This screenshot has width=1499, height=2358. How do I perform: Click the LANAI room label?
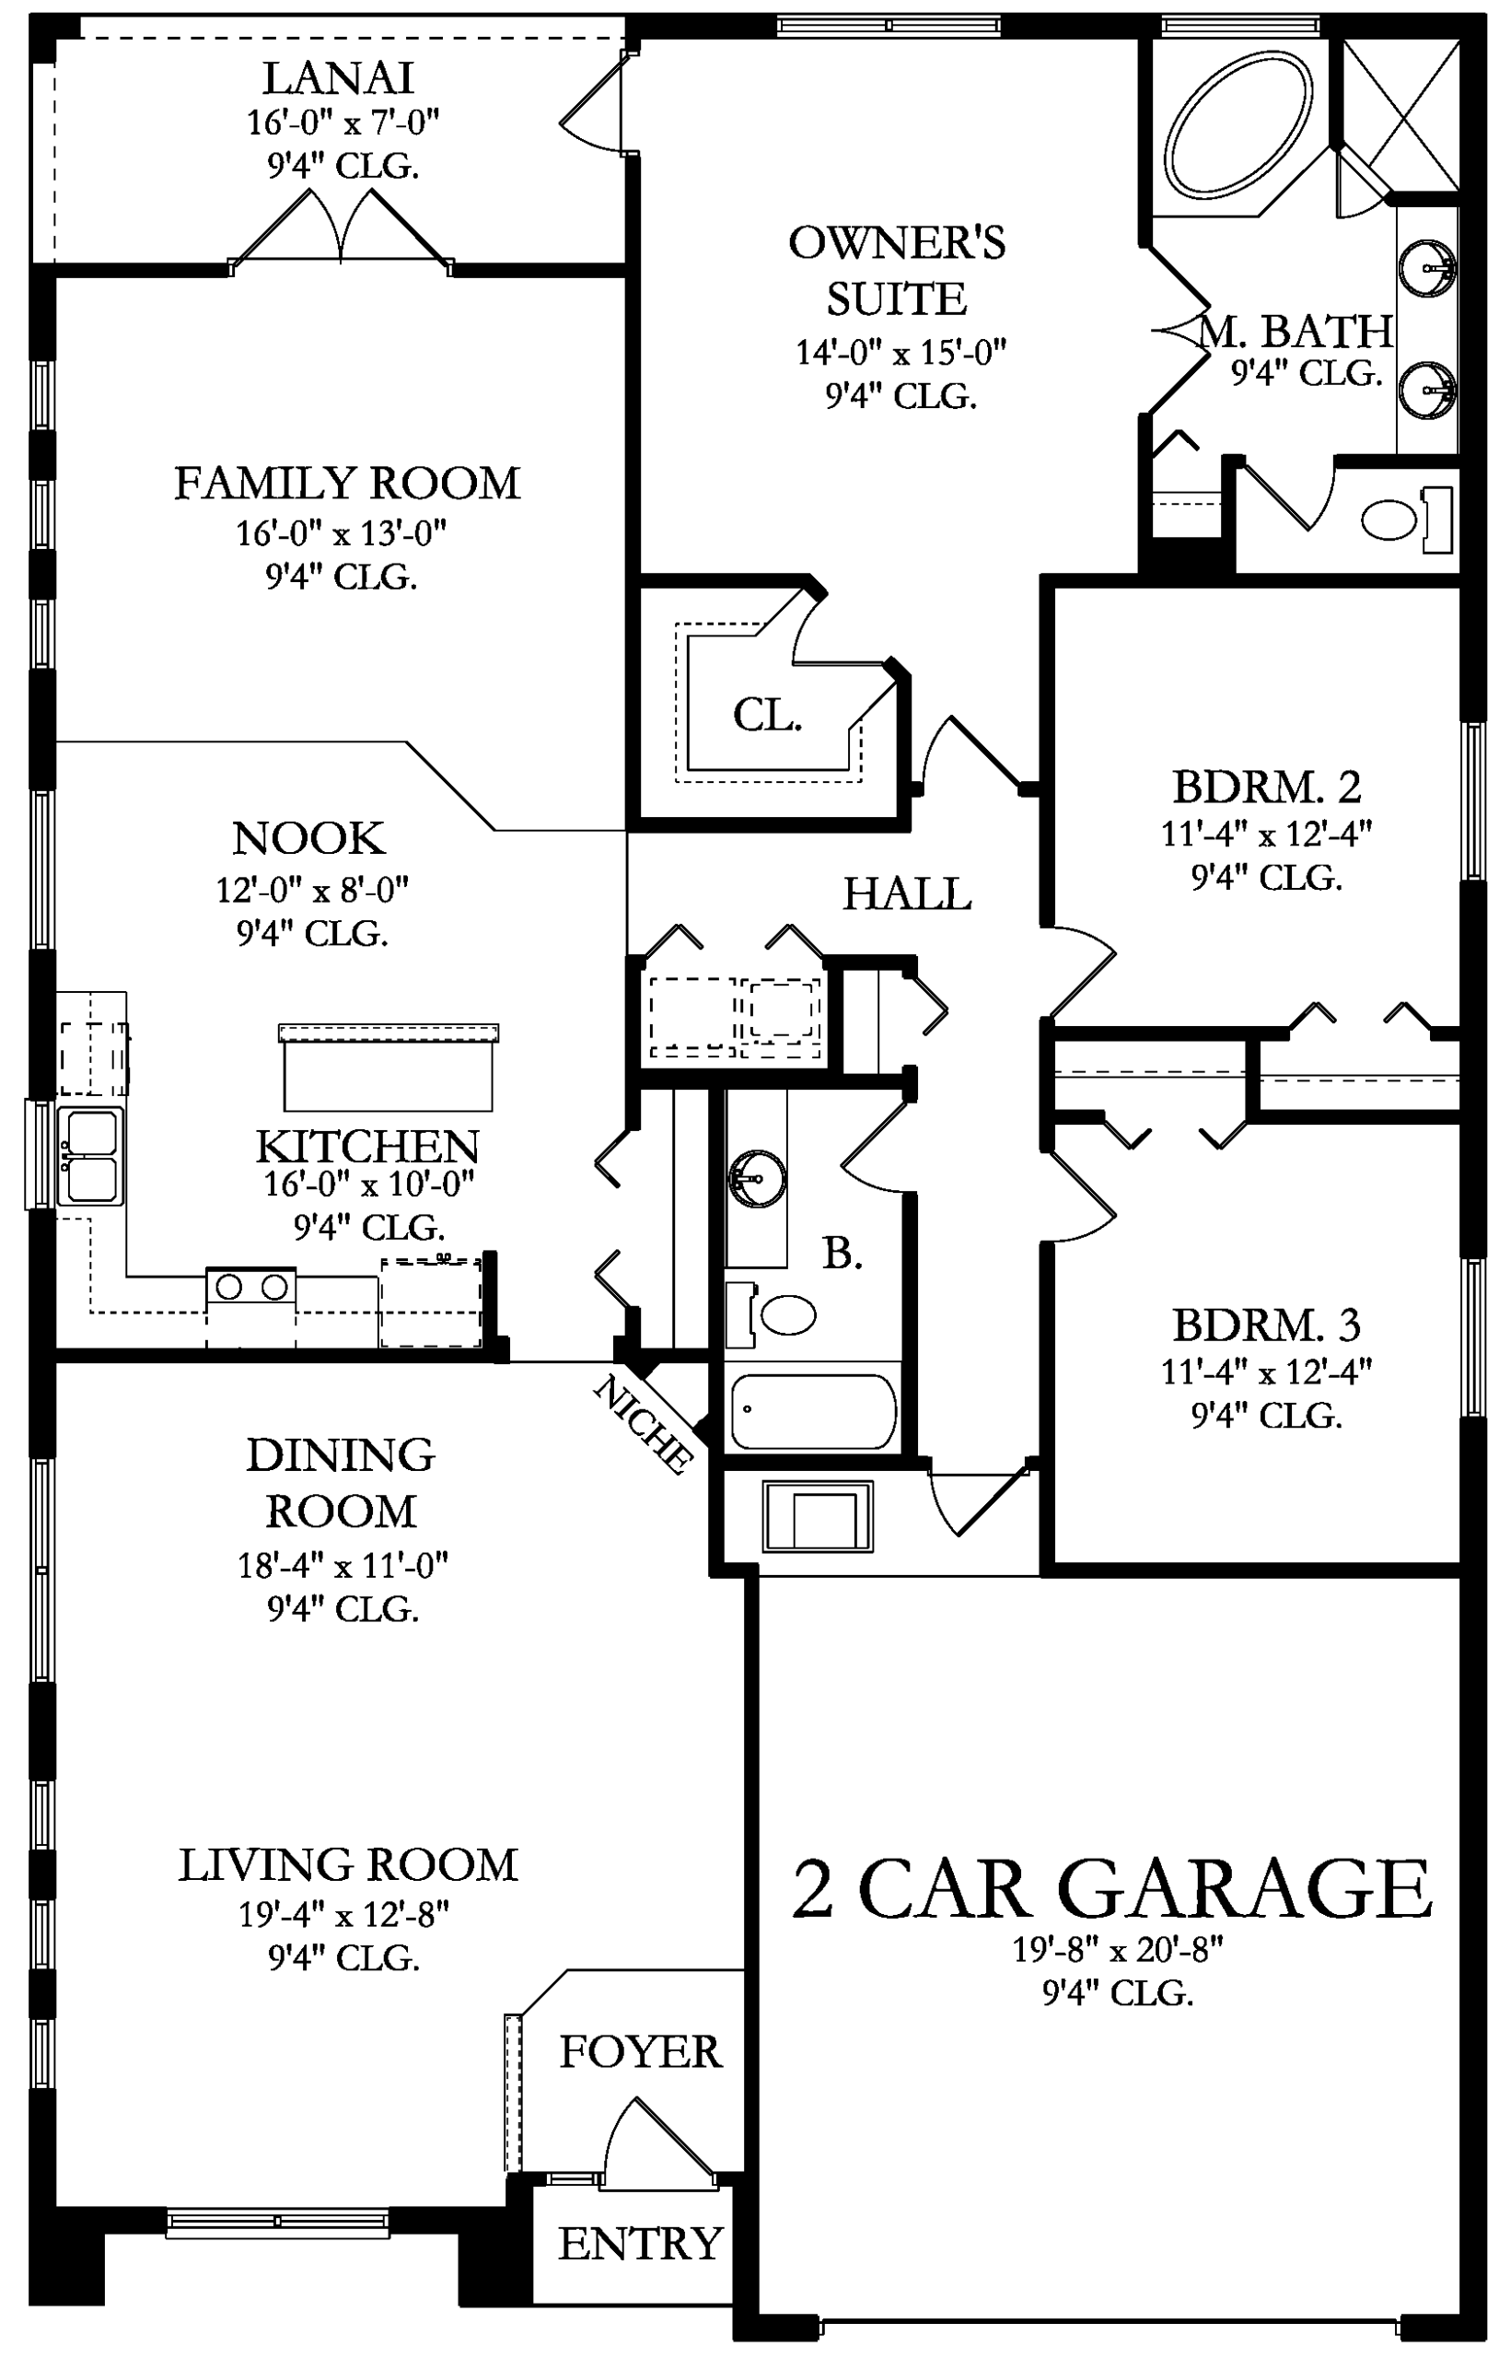click(338, 78)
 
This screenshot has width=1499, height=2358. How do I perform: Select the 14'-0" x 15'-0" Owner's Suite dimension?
click(901, 351)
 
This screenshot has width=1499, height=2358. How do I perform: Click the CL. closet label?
click(768, 716)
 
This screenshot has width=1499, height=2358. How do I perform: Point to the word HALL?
click(907, 894)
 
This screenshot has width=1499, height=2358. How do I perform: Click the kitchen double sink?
click(90, 1155)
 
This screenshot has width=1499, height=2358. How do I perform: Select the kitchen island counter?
click(389, 1068)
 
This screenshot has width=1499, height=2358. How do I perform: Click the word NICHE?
click(644, 1424)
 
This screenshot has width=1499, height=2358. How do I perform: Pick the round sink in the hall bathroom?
click(757, 1176)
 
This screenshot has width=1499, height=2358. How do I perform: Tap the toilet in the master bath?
click(1407, 519)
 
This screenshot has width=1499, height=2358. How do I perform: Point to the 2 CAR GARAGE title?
click(1111, 1889)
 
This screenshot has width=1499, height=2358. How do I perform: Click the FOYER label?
click(640, 2051)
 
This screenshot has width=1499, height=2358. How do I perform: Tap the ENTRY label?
click(640, 2243)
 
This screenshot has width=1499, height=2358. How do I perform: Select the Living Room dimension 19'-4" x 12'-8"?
click(344, 1913)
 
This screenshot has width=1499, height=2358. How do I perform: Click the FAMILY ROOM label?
click(347, 483)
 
